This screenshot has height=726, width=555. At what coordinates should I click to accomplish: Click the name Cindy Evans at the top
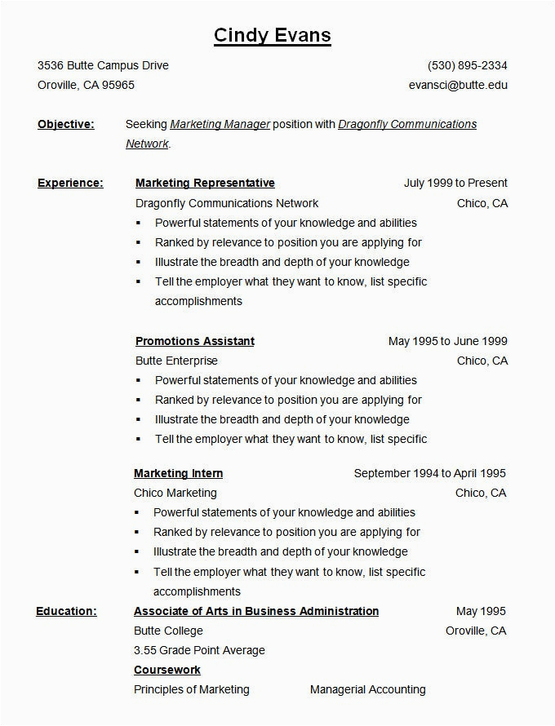[x=272, y=35]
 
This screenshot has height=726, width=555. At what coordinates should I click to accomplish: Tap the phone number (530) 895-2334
[x=467, y=65]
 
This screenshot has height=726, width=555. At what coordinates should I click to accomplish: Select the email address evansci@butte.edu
[x=458, y=85]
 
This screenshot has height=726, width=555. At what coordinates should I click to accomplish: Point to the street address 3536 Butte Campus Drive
[x=103, y=65]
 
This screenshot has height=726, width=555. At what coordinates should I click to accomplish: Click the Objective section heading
[x=65, y=124]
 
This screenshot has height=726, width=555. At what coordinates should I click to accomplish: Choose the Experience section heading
[x=70, y=183]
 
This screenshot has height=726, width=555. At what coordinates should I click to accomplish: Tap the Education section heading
[x=66, y=611]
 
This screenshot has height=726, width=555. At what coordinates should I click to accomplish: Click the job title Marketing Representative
[x=205, y=183]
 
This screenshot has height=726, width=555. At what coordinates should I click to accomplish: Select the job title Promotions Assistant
[x=194, y=341]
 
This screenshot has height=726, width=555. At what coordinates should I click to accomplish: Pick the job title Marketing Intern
[x=178, y=473]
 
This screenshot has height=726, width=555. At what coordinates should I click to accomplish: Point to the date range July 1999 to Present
[x=455, y=183]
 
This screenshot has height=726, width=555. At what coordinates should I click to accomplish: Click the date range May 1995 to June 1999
[x=447, y=341]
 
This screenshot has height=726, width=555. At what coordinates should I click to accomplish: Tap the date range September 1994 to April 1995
[x=429, y=473]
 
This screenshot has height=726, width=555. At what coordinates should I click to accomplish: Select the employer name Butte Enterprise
[x=176, y=361]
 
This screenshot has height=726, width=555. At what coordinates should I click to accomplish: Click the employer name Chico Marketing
[x=175, y=493]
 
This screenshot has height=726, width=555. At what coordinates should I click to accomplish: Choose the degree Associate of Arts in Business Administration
[x=256, y=611]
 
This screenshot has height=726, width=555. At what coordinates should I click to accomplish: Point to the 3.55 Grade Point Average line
[x=199, y=650]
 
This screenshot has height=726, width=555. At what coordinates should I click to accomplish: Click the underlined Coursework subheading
[x=166, y=670]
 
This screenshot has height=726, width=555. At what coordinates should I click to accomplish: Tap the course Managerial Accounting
[x=367, y=689]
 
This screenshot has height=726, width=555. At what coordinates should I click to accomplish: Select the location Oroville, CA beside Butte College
[x=475, y=631]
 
